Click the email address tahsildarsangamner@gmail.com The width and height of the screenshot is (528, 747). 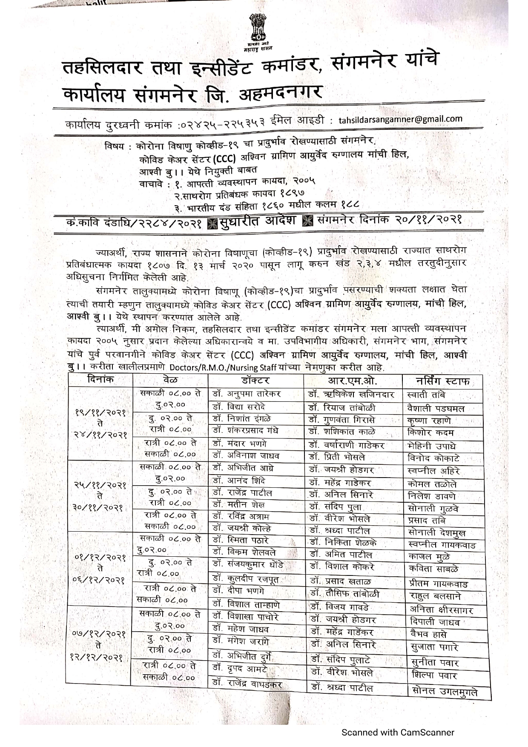tap(400, 119)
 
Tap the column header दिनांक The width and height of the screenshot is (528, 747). tap(100, 380)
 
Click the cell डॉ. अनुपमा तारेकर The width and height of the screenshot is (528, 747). tap(247, 394)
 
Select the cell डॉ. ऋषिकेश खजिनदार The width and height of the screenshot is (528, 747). tap(352, 395)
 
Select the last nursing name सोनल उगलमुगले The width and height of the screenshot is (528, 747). tap(445, 692)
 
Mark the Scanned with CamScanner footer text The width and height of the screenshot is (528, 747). tap(398, 733)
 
